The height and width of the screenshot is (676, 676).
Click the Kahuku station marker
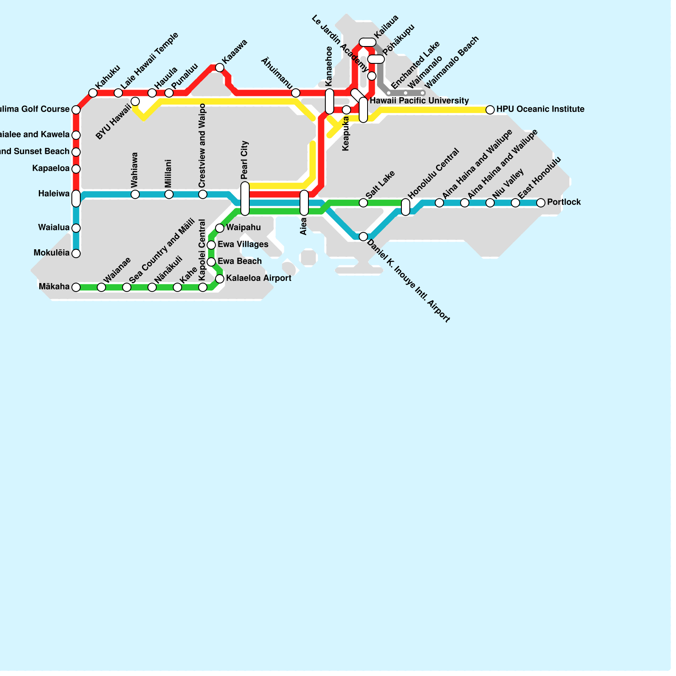click(x=93, y=93)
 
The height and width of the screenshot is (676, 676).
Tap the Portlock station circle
click(x=541, y=203)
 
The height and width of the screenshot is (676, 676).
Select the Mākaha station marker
click(x=76, y=287)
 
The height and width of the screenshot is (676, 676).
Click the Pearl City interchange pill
click(x=245, y=199)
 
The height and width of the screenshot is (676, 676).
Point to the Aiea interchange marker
click(x=304, y=203)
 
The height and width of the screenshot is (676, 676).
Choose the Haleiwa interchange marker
click(x=76, y=199)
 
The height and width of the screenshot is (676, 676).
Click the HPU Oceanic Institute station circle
click(x=490, y=110)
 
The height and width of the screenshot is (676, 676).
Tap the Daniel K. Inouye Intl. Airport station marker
click(x=363, y=237)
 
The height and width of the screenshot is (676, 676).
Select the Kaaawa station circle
click(x=220, y=68)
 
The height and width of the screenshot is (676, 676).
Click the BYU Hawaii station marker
click(x=135, y=101)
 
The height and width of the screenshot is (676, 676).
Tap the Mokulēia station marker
click(x=76, y=253)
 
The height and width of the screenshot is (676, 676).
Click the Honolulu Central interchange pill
click(x=406, y=207)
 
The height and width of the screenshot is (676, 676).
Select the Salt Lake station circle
click(x=363, y=203)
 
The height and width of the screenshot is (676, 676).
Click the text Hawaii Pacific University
click(x=419, y=101)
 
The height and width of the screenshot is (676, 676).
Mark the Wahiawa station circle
click(x=135, y=194)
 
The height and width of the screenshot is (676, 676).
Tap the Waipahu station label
click(x=243, y=228)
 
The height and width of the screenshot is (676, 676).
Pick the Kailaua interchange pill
click(x=367, y=42)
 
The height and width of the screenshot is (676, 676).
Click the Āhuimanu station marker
click(x=296, y=93)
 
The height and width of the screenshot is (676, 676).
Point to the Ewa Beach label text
click(x=240, y=262)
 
